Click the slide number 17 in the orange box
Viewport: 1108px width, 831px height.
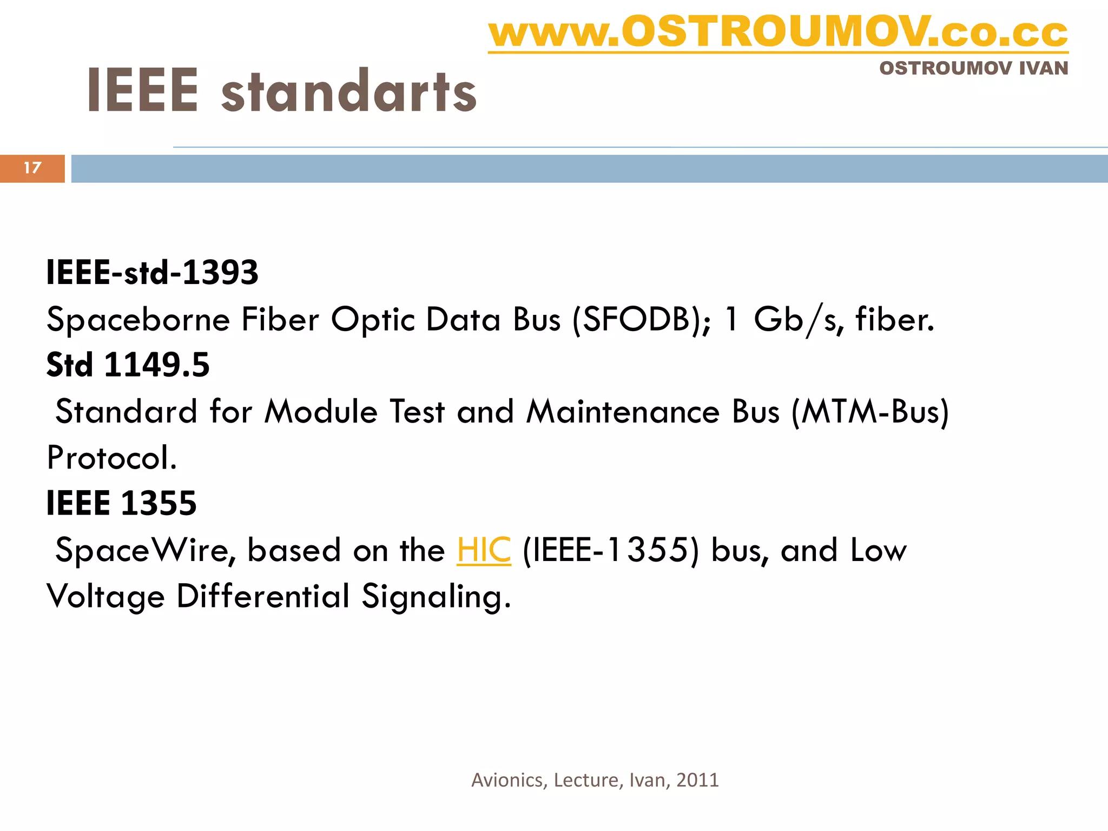[x=32, y=168]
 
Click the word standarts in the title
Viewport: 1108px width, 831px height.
[x=349, y=92]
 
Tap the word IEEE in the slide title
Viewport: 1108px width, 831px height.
[x=143, y=91]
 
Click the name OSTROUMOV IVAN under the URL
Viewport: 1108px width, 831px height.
[x=973, y=68]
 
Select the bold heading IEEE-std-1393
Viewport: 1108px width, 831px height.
[x=152, y=272]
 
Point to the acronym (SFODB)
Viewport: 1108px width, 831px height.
[x=640, y=319]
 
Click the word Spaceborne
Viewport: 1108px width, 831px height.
[x=138, y=320]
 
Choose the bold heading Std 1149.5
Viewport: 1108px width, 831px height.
[x=128, y=365]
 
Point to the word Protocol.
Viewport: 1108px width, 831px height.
[x=111, y=458]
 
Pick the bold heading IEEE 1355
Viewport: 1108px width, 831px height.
[x=121, y=503]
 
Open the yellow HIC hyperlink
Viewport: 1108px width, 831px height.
[x=484, y=550]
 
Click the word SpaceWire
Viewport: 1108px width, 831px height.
[x=145, y=550]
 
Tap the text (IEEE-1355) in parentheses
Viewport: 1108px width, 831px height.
[x=610, y=550]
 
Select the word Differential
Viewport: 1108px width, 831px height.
[x=263, y=596]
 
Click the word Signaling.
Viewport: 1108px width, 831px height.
[x=436, y=597]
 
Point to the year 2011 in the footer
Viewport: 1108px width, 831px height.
[x=697, y=780]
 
